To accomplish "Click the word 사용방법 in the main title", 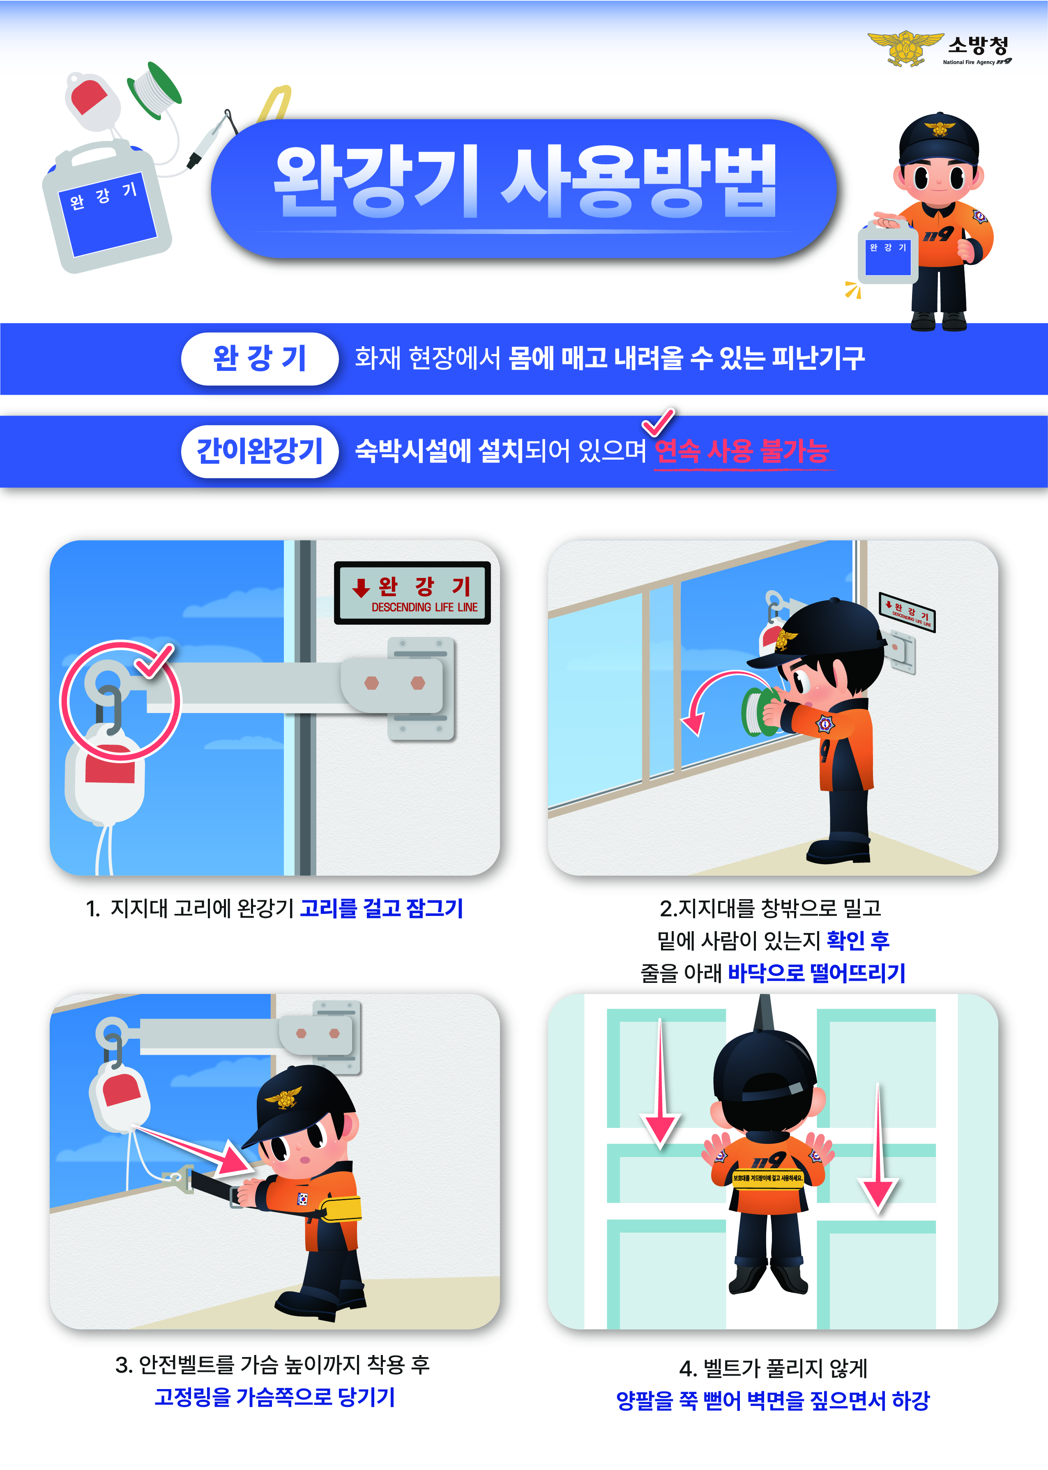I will tap(639, 182).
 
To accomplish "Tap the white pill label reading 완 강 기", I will tap(259, 359).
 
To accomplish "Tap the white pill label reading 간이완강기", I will tap(259, 451).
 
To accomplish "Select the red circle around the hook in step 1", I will tap(121, 700).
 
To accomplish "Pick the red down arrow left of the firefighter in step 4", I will tap(660, 1090).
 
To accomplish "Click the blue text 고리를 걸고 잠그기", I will tap(381, 908).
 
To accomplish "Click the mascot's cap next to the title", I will tap(939, 139).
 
